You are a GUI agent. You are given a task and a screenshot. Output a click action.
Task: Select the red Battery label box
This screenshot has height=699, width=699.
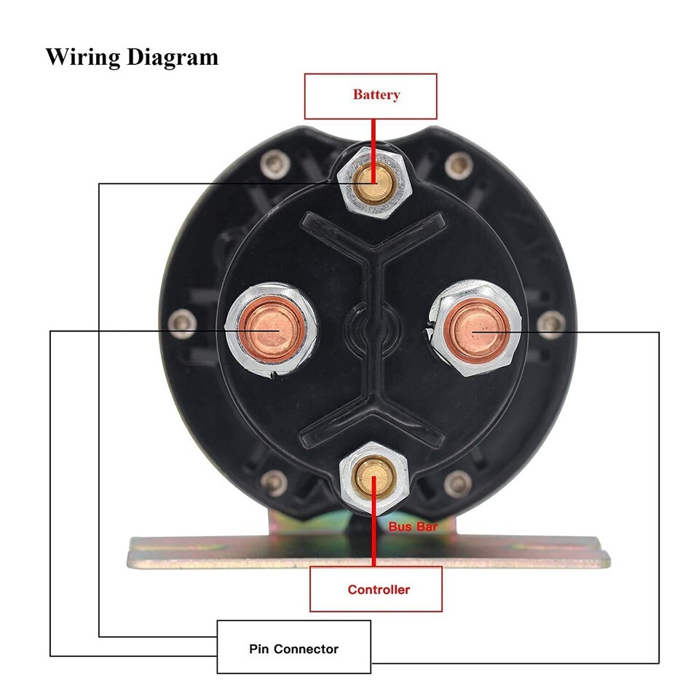pos(370,95)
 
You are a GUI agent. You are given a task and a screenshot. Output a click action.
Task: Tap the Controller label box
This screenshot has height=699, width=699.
pos(376,589)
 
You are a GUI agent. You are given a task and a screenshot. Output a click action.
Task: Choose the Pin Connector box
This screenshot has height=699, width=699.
pos(293,647)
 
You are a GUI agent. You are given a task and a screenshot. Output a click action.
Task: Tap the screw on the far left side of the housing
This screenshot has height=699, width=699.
pos(181,320)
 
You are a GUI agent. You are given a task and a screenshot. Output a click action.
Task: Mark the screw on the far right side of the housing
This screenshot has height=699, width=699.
pos(551,321)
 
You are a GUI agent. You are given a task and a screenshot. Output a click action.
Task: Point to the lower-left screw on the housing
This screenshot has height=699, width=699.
pos(273,480)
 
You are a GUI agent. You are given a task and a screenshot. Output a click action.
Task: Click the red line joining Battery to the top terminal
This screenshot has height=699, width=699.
pos(374,135)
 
